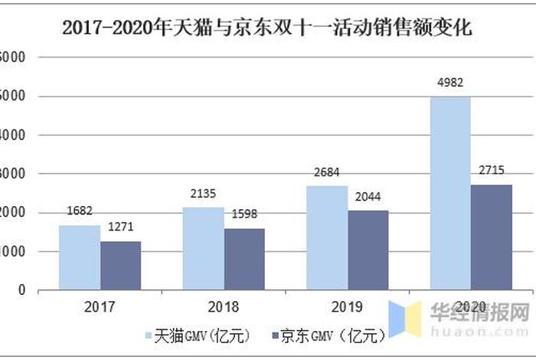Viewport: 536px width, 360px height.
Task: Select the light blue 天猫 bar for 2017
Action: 79,257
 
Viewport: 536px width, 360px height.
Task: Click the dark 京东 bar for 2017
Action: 120,265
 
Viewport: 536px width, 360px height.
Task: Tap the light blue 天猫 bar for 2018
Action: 203,248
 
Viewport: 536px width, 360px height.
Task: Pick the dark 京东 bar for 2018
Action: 244,259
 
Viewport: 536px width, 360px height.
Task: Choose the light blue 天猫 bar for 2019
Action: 327,237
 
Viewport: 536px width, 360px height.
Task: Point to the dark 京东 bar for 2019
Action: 368,250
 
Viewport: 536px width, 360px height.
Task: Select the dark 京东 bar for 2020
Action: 492,237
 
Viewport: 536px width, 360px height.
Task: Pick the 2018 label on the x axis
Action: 224,307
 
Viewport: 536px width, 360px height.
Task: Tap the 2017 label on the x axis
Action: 100,307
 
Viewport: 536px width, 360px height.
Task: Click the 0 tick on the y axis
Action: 21,290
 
